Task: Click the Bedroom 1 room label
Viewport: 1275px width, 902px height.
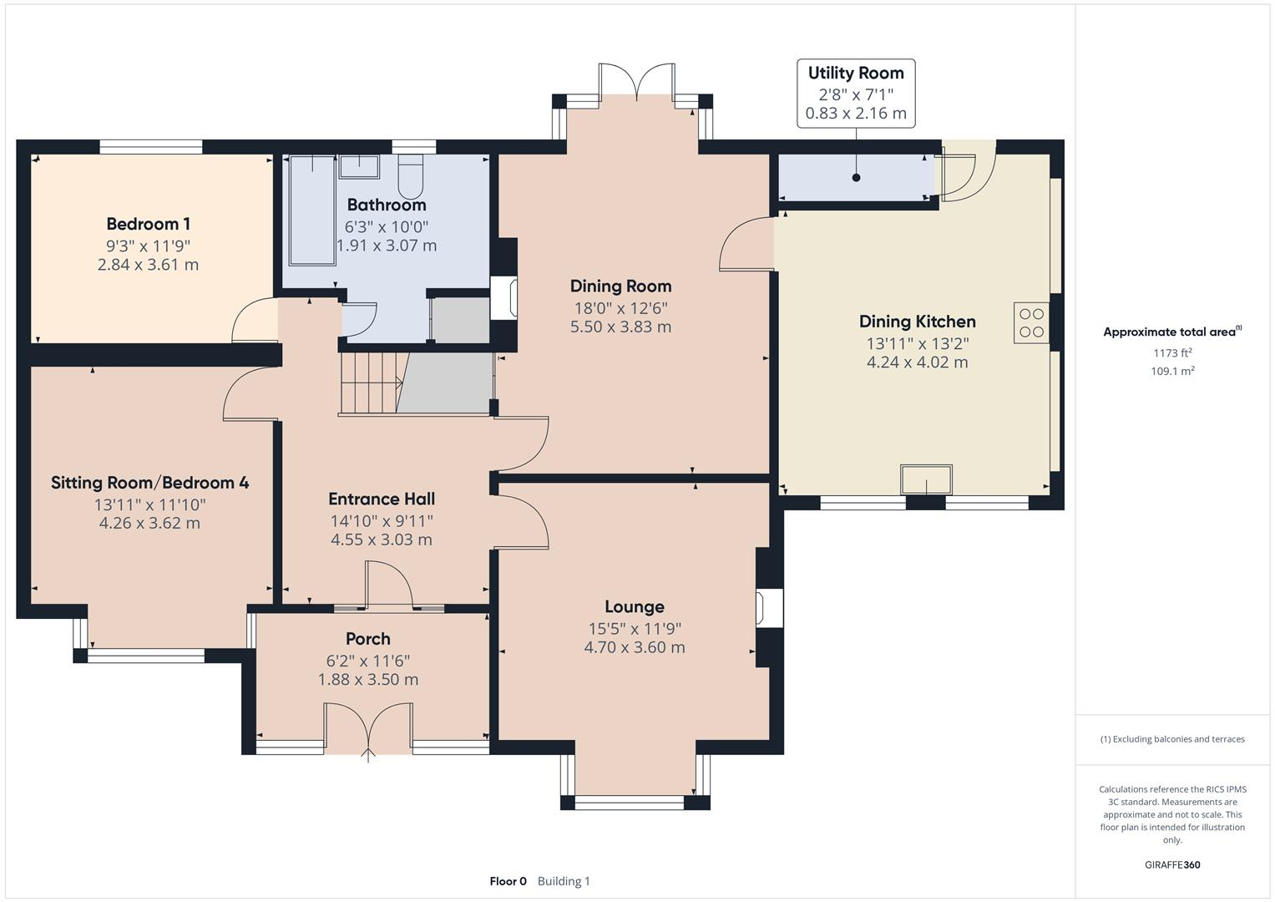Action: pos(148,224)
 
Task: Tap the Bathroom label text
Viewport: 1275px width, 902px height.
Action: pos(386,205)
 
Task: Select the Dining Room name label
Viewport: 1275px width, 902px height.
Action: pos(620,286)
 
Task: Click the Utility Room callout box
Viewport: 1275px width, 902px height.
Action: pos(855,93)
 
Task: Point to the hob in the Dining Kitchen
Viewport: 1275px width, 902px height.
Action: pos(1032,323)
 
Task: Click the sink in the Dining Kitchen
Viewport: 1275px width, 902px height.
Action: pos(926,480)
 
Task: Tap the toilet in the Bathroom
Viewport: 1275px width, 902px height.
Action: pos(411,175)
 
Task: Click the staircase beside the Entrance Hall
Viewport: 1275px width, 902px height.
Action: pos(372,383)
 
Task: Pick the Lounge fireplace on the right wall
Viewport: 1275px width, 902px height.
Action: pos(768,608)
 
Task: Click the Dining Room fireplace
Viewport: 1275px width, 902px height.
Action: pos(504,298)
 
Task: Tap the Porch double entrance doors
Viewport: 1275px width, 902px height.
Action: pos(368,728)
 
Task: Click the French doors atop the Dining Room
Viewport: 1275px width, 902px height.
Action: pos(636,82)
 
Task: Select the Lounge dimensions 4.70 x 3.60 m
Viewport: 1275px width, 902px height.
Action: pos(635,647)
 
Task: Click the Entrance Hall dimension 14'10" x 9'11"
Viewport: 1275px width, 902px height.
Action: pos(382,520)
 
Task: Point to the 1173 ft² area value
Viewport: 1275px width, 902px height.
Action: pos(1171,353)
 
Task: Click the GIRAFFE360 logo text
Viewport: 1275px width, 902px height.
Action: pos(1171,864)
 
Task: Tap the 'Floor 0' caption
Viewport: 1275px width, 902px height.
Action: pos(508,881)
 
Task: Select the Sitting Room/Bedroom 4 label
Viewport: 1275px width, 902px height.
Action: pos(149,483)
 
